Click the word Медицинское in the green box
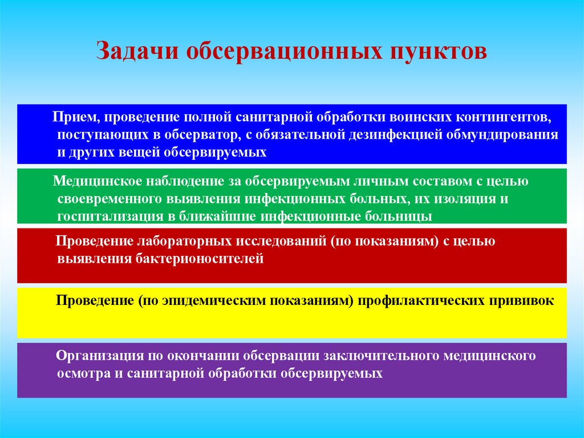[98, 182]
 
